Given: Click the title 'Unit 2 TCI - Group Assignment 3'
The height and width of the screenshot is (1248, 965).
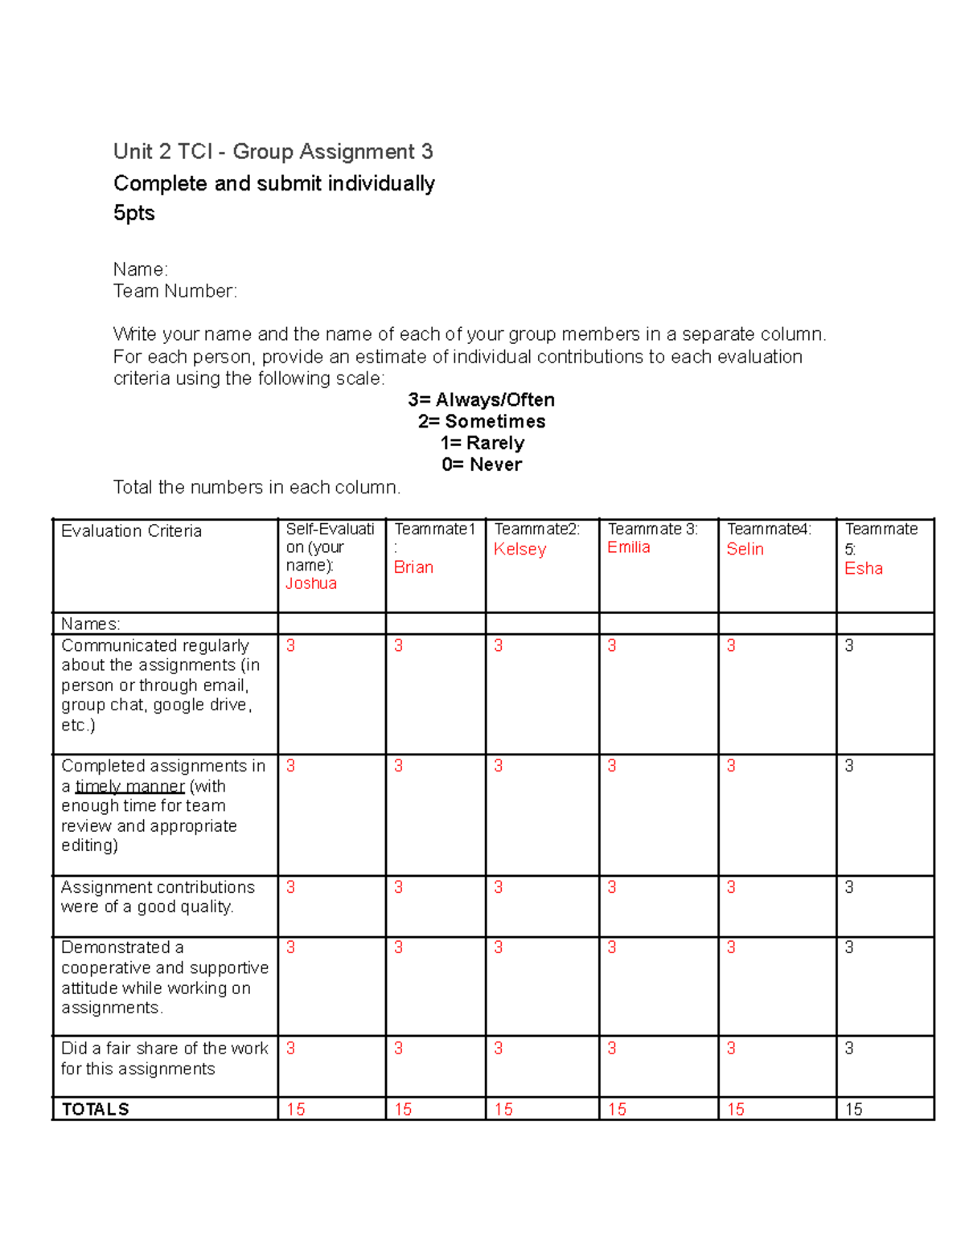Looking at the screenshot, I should (273, 152).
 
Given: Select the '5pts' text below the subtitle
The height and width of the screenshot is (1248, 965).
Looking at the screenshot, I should (133, 213).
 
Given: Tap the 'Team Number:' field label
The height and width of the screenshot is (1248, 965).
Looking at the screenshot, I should (175, 291).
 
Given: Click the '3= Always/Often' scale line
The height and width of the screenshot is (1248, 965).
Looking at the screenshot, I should (481, 399).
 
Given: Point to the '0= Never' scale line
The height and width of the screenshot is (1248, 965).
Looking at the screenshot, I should (481, 464).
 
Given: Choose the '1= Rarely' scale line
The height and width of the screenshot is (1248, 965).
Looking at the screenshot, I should (482, 443).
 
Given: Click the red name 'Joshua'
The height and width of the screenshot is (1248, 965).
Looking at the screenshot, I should (310, 583).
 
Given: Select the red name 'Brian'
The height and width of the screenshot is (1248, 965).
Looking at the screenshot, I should (413, 567).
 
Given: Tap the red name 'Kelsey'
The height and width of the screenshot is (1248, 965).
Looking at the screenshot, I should (519, 550).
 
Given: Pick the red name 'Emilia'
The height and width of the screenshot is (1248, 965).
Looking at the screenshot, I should (628, 547).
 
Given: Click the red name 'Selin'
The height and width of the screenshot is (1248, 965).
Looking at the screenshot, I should (745, 550).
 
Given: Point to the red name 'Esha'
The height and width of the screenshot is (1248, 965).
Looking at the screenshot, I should (863, 569).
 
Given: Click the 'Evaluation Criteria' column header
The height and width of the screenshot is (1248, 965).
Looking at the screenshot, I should (131, 531).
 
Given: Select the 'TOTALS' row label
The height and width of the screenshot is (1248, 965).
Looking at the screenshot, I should (95, 1109).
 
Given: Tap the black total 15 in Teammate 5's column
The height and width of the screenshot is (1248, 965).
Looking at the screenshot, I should (853, 1109).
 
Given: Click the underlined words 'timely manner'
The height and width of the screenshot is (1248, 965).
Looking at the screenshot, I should (129, 786).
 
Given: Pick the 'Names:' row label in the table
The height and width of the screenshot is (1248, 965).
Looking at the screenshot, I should (90, 624).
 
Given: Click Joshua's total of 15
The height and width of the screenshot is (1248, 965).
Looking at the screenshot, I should (295, 1109).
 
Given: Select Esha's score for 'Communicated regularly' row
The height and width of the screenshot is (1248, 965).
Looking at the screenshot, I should (848, 645).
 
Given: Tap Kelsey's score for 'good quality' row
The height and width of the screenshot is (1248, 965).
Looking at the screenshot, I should (498, 887).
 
